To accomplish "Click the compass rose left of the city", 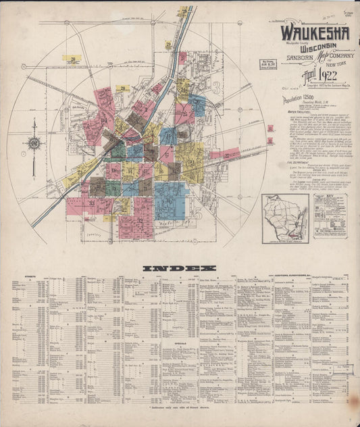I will (34, 143).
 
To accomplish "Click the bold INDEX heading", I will (179, 268).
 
